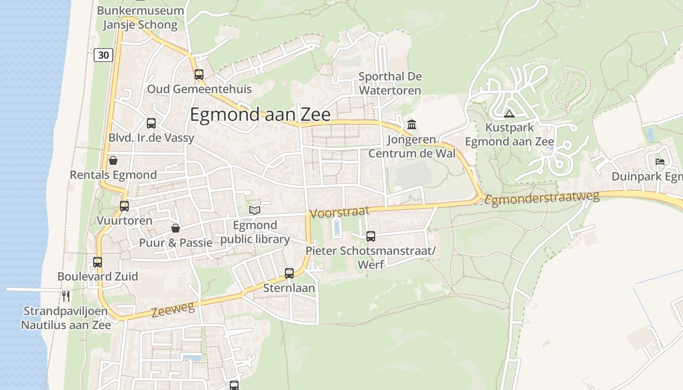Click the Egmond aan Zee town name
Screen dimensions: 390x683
point(260,115)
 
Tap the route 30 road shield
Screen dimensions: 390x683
point(103,55)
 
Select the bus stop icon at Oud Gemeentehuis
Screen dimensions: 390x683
point(199,75)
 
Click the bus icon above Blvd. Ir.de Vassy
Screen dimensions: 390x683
point(151,123)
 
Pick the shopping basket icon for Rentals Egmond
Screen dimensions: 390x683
point(113,160)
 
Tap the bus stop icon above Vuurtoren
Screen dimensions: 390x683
point(124,206)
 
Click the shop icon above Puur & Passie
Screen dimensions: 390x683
point(176,228)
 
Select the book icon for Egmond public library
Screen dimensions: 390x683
point(255,210)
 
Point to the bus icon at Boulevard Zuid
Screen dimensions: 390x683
point(98,262)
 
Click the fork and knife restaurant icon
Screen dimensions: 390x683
point(66,296)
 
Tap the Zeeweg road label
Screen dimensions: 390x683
point(173,310)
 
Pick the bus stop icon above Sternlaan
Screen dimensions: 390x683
point(289,273)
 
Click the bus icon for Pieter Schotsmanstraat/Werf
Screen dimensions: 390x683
point(371,236)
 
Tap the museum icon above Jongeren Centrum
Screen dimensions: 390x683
point(412,125)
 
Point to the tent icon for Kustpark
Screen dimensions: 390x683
point(509,114)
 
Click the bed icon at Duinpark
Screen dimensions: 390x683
point(660,161)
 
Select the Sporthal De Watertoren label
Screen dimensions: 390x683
point(390,83)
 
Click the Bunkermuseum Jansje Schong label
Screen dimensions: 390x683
point(141,18)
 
